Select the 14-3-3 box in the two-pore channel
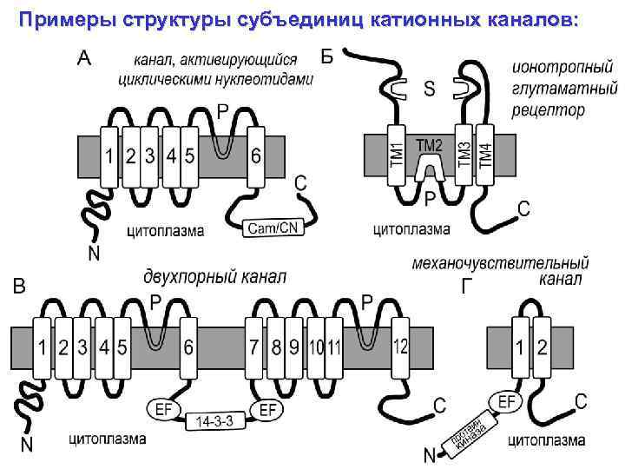tap(215, 422)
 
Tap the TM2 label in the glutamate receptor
tap(430, 145)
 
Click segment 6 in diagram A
tap(255, 156)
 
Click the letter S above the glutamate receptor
tap(430, 89)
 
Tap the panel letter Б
tap(326, 57)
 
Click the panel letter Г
tap(468, 286)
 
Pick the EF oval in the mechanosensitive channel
tap(510, 401)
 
